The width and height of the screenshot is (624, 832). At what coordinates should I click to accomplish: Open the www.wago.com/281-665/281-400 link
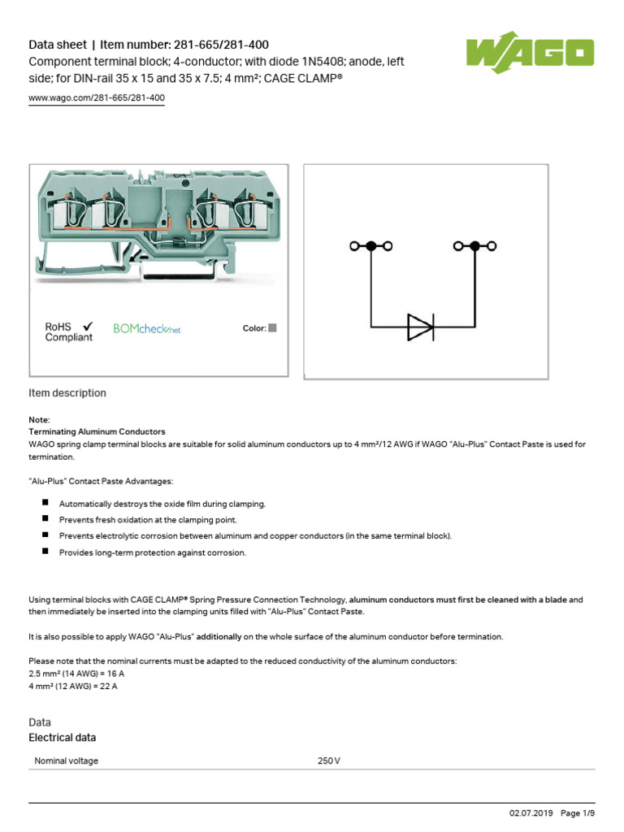tap(97, 98)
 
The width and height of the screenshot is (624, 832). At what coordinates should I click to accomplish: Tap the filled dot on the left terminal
tap(371, 245)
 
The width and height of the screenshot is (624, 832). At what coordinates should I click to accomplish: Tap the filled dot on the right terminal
tap(474, 245)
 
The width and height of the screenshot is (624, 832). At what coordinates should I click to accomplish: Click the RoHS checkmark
tap(88, 326)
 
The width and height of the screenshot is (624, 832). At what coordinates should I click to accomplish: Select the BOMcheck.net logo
tap(146, 329)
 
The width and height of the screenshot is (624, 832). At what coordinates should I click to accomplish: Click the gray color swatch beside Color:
tap(273, 328)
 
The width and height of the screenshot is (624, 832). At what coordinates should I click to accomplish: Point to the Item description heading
tap(67, 393)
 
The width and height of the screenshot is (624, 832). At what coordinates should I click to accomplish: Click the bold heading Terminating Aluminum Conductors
tap(97, 431)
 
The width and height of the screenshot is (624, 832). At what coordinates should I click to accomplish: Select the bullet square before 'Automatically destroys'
tap(44, 504)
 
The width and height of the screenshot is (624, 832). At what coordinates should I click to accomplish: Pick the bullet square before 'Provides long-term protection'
tap(44, 552)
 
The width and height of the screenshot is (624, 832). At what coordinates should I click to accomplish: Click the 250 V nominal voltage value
tap(329, 761)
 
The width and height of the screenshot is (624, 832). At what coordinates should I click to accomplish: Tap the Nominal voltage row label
tap(67, 761)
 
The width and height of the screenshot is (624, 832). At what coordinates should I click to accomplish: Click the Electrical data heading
tap(62, 738)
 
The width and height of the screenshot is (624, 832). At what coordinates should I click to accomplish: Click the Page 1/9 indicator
tap(578, 813)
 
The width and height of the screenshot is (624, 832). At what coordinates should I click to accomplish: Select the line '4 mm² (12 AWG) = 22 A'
tap(73, 687)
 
